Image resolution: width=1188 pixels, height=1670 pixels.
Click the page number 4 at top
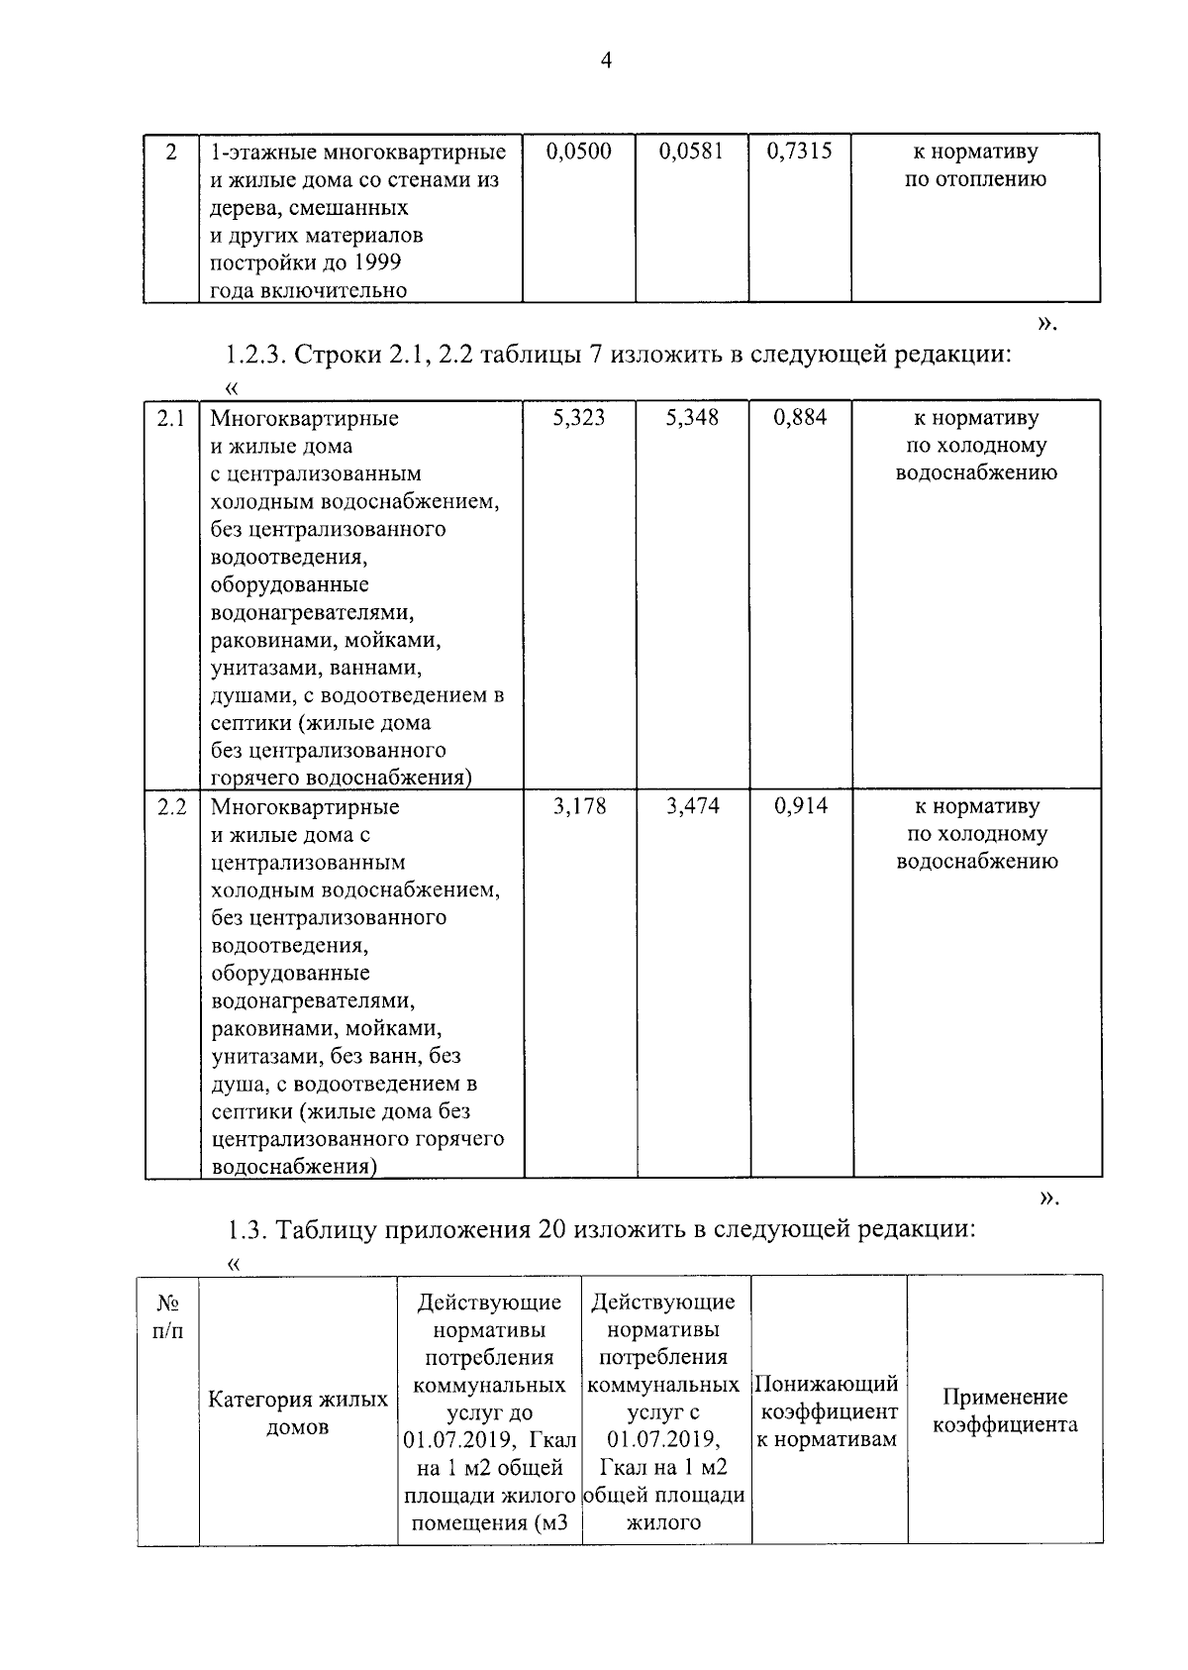point(606,61)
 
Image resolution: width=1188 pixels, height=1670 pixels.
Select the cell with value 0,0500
point(578,152)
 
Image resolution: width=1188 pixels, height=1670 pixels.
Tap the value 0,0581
point(691,152)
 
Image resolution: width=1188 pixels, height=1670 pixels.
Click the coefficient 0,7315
point(799,152)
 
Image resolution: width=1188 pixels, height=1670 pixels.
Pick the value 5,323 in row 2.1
point(579,418)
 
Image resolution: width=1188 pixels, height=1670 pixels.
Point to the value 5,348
point(692,418)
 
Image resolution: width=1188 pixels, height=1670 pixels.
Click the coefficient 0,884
point(800,418)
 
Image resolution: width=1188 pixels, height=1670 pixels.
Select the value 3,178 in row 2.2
point(579,806)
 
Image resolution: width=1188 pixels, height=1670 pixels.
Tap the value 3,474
point(692,806)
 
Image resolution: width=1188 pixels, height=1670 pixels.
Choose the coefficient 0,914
point(801,806)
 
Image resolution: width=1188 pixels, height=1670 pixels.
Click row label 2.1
point(171,418)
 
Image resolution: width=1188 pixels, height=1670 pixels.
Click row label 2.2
point(171,806)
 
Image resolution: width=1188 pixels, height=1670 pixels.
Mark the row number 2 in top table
point(171,153)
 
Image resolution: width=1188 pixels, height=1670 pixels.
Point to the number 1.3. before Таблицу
point(247,1230)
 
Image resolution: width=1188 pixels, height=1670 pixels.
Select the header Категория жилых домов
point(298,1413)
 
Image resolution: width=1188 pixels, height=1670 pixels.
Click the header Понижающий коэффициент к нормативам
point(827,1411)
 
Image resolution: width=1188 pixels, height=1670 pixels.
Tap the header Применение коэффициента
point(1005,1411)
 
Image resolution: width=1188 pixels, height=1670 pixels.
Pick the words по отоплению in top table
point(975,179)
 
